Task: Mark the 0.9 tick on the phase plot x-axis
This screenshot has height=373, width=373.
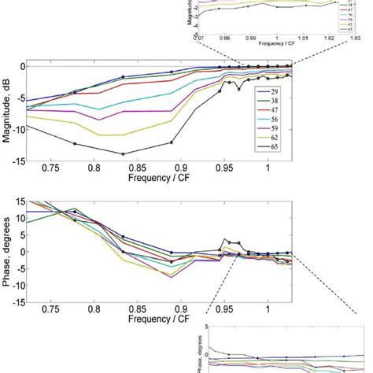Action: (182, 310)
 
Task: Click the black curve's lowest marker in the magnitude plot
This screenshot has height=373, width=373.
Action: (123, 153)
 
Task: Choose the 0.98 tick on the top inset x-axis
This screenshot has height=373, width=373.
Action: (224, 37)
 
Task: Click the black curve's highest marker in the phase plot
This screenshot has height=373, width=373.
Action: (227, 241)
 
